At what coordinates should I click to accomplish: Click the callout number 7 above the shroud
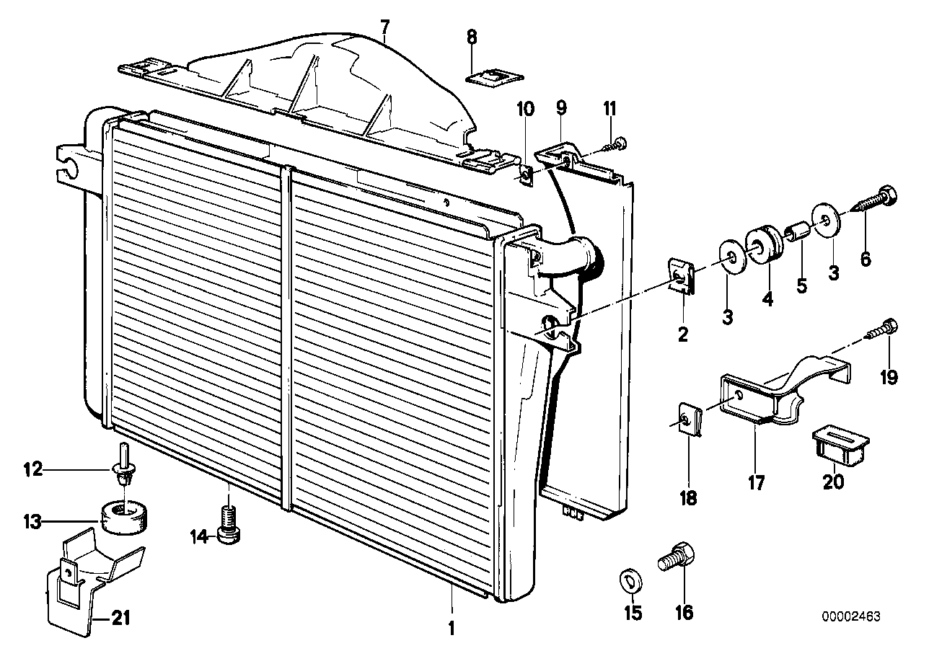[384, 27]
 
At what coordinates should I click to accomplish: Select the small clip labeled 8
[485, 76]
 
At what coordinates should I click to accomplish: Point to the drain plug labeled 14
[228, 525]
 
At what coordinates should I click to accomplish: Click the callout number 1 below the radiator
[452, 628]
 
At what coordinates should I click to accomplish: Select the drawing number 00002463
[851, 617]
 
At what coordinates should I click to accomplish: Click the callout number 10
[526, 110]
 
